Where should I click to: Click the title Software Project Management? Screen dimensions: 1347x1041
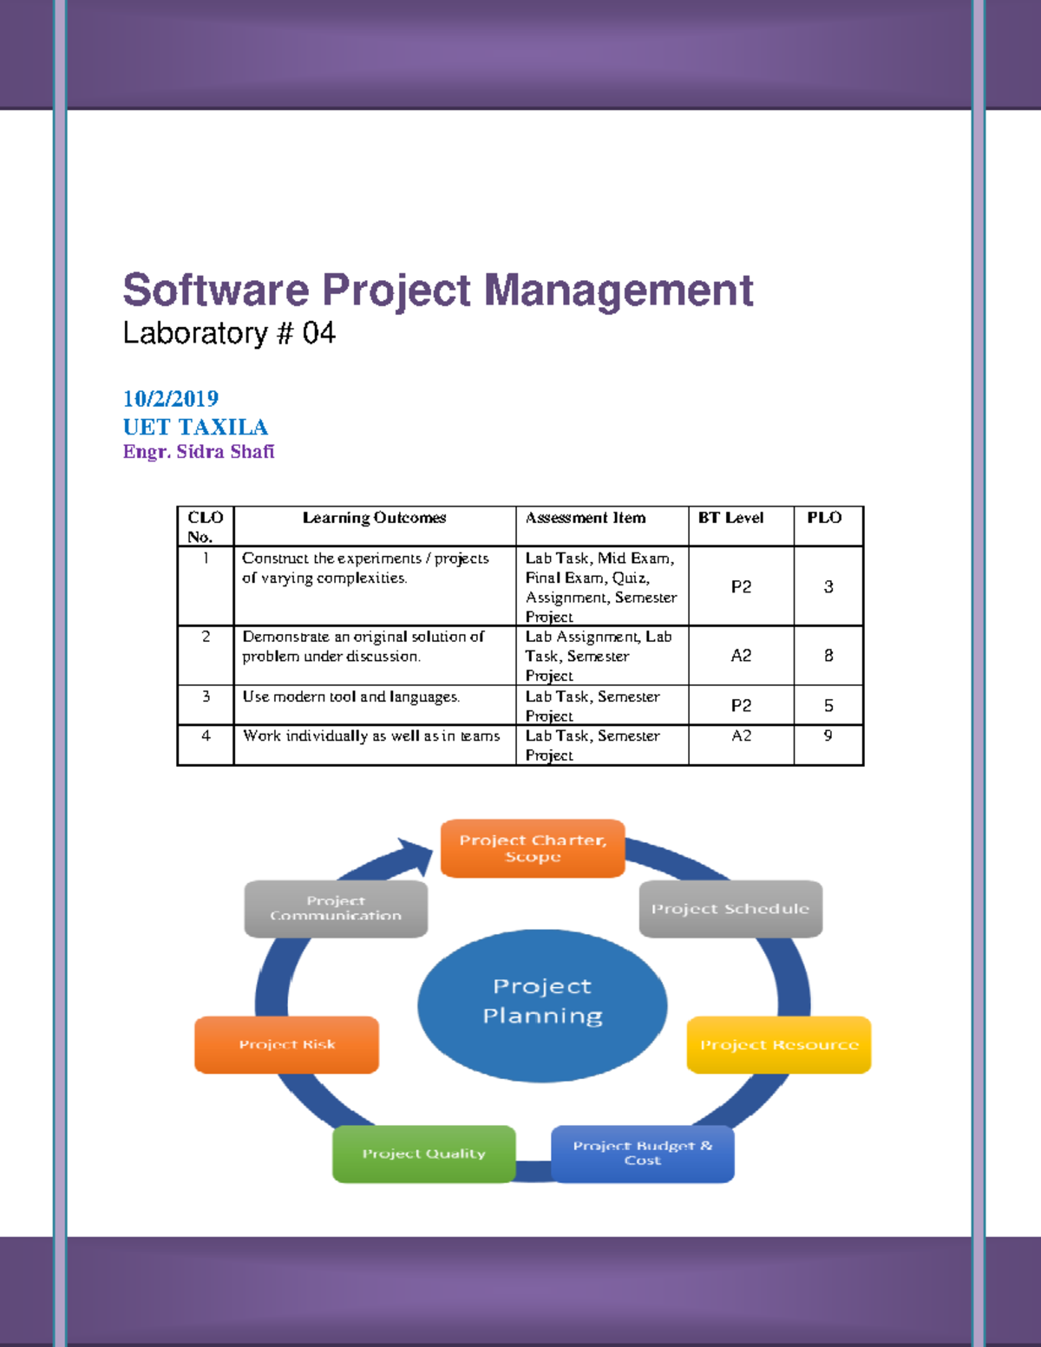(x=437, y=291)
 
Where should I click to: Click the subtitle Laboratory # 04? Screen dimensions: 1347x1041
(x=229, y=333)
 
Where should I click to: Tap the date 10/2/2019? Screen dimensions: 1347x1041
(x=171, y=398)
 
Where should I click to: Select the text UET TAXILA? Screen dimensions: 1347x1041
(x=195, y=427)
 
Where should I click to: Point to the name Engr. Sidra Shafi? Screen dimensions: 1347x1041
(x=199, y=452)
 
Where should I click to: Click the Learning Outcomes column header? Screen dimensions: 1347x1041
(x=374, y=518)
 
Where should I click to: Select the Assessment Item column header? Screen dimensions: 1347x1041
(x=586, y=518)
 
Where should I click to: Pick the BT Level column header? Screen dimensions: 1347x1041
(x=730, y=518)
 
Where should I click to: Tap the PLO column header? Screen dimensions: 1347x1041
(x=824, y=518)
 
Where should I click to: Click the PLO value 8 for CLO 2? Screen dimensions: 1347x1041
(x=828, y=656)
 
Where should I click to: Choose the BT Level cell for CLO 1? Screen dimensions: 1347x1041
(x=741, y=587)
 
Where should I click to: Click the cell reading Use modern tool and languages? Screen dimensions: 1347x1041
(x=351, y=696)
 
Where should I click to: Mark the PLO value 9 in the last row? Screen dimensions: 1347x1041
(x=828, y=736)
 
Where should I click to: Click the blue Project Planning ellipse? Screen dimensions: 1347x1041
(x=542, y=1005)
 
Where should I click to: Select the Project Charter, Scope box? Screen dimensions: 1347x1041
(x=533, y=848)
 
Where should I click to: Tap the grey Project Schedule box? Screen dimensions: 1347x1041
(x=730, y=909)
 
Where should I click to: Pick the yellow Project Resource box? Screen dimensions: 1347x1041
(x=779, y=1045)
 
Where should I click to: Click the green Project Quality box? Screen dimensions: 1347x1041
(x=424, y=1154)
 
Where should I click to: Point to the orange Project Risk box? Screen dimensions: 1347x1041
(x=287, y=1045)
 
